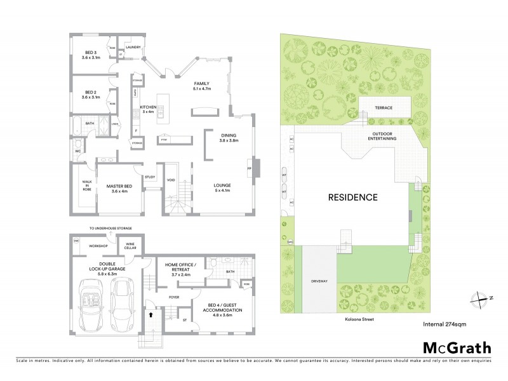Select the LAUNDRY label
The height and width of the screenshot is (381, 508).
[133, 47]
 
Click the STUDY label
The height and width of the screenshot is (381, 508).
[150, 177]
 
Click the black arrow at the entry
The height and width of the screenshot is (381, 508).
[150, 312]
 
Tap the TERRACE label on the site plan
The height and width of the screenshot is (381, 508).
[384, 108]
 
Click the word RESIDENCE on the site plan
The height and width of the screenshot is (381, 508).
[352, 197]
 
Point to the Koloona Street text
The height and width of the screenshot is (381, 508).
[353, 319]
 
